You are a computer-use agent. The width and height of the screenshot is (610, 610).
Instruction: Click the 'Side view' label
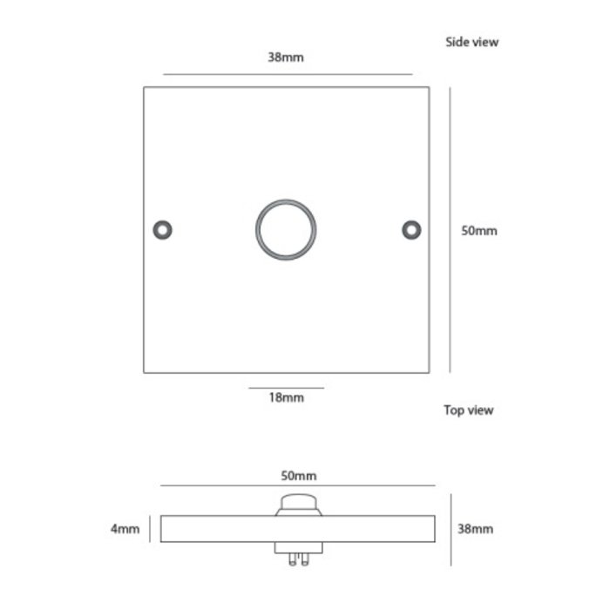click(x=471, y=42)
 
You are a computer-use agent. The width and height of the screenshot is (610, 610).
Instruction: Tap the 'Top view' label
click(x=468, y=410)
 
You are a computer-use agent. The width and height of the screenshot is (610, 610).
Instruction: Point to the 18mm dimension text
click(x=286, y=398)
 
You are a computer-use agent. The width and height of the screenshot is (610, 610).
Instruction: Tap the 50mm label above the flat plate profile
click(x=298, y=476)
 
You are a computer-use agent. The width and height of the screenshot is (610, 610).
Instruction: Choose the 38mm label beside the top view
click(x=476, y=529)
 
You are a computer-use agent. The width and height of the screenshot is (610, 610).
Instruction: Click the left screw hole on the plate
click(x=162, y=229)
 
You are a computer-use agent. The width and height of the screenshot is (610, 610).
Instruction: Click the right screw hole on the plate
click(x=410, y=229)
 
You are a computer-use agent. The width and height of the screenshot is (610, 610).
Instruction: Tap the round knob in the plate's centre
click(x=286, y=230)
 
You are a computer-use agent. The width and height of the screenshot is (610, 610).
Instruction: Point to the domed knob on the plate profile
click(x=299, y=505)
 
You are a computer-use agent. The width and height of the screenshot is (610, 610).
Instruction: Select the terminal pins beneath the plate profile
click(x=299, y=555)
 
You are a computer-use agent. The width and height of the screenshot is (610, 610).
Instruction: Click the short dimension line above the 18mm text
click(x=286, y=387)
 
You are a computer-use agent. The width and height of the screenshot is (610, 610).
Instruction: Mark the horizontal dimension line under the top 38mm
click(x=288, y=74)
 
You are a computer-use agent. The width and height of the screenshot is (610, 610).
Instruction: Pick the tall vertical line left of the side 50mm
click(x=450, y=229)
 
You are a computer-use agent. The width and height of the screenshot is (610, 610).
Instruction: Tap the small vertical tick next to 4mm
click(x=151, y=529)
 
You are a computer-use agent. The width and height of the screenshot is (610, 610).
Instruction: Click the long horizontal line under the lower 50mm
click(x=298, y=486)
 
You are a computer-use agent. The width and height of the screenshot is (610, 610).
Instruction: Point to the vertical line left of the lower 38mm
click(x=450, y=529)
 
